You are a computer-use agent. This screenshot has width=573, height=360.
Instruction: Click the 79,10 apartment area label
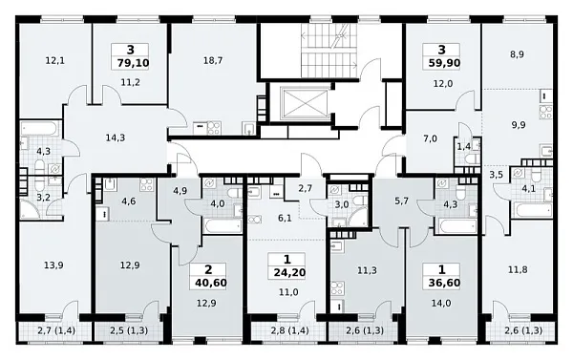coord(133,63)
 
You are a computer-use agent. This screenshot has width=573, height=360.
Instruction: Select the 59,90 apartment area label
coord(444,63)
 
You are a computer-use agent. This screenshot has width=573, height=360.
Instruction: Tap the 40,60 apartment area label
coord(211,283)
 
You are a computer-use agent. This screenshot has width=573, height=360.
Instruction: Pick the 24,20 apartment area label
coord(289,272)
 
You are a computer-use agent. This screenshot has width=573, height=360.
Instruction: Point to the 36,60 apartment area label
coord(444,283)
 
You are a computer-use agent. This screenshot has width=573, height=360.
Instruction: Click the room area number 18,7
coord(213,61)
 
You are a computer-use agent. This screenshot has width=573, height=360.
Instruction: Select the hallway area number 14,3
coord(116,138)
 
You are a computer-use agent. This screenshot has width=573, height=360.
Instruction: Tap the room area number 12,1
coord(54,61)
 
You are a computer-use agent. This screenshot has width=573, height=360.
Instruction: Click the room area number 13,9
coord(53,265)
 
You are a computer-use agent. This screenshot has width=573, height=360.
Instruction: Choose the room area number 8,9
coord(517,54)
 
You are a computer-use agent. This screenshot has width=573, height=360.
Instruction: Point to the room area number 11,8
coord(518,270)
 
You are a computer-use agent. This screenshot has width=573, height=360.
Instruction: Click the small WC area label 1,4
coord(464,147)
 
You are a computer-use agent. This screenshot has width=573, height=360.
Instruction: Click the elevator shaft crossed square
coord(306,103)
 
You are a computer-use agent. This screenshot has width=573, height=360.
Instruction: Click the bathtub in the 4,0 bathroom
coord(223,226)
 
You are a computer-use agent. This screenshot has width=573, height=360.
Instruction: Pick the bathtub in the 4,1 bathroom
coord(533,210)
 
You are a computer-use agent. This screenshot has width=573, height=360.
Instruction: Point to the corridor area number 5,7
coord(402,201)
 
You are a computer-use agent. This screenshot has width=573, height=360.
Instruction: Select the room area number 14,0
coord(441,304)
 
